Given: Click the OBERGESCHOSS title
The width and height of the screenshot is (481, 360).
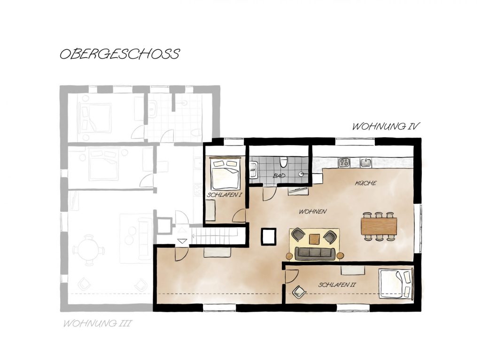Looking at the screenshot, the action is click(120, 54).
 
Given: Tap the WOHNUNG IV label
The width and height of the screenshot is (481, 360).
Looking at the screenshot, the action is click(386, 126).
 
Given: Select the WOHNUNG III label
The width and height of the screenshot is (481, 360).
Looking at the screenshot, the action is click(97, 323).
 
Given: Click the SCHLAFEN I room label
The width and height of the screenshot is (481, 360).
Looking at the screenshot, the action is click(225, 195).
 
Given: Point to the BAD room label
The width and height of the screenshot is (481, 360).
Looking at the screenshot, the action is click(279, 176).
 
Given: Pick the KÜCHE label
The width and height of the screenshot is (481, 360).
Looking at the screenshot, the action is click(365, 183).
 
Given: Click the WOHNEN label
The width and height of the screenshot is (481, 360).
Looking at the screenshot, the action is click(312, 211).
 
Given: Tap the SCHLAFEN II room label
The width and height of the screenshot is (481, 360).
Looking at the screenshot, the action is click(337, 285).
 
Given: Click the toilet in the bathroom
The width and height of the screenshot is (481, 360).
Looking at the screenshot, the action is click(283, 162).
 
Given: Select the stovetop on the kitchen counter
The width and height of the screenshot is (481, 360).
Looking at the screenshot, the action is click(344, 162).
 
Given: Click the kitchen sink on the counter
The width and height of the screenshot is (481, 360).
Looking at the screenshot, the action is click(366, 162).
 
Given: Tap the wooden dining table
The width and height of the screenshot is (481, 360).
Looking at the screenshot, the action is click(379, 226).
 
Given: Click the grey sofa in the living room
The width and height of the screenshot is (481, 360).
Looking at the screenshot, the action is click(315, 253).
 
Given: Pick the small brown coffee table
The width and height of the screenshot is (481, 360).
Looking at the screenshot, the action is click(314, 239).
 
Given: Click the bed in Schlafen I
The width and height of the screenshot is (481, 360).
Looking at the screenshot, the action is click(225, 174).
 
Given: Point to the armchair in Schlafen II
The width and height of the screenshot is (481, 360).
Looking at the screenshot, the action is click(299, 291).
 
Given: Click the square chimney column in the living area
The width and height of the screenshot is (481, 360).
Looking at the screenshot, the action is click(269, 237).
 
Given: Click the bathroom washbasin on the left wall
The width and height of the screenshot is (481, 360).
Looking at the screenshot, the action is click(253, 170).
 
